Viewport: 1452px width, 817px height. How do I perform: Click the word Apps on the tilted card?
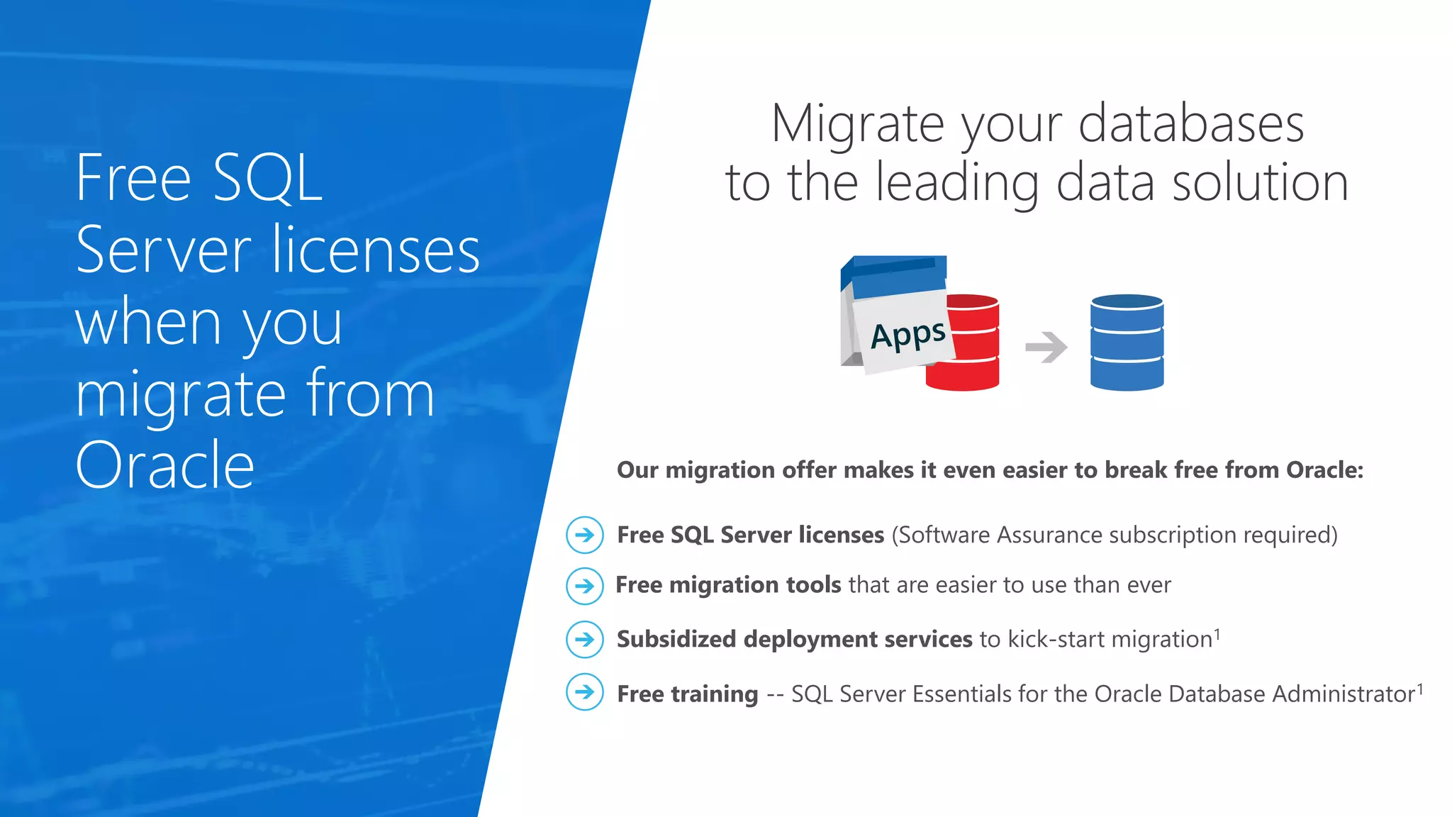pos(907,335)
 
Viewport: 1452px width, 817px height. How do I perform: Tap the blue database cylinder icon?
pos(1127,343)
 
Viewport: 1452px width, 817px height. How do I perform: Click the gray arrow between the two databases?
pos(1046,347)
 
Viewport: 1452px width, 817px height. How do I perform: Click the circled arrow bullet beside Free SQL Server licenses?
pos(585,535)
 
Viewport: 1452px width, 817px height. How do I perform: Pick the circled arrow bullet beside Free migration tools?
pos(585,586)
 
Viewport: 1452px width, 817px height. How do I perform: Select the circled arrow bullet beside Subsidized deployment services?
pos(585,639)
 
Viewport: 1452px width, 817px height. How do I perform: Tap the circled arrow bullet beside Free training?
pos(585,691)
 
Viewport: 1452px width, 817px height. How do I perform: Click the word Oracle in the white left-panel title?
pos(164,465)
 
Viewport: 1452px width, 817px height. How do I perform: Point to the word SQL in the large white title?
pos(267,179)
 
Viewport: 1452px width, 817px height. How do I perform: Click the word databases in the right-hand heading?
pos(1190,123)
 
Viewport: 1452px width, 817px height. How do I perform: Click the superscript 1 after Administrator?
pos(1419,687)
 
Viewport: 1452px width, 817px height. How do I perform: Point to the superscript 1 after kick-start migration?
pos(1217,633)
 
